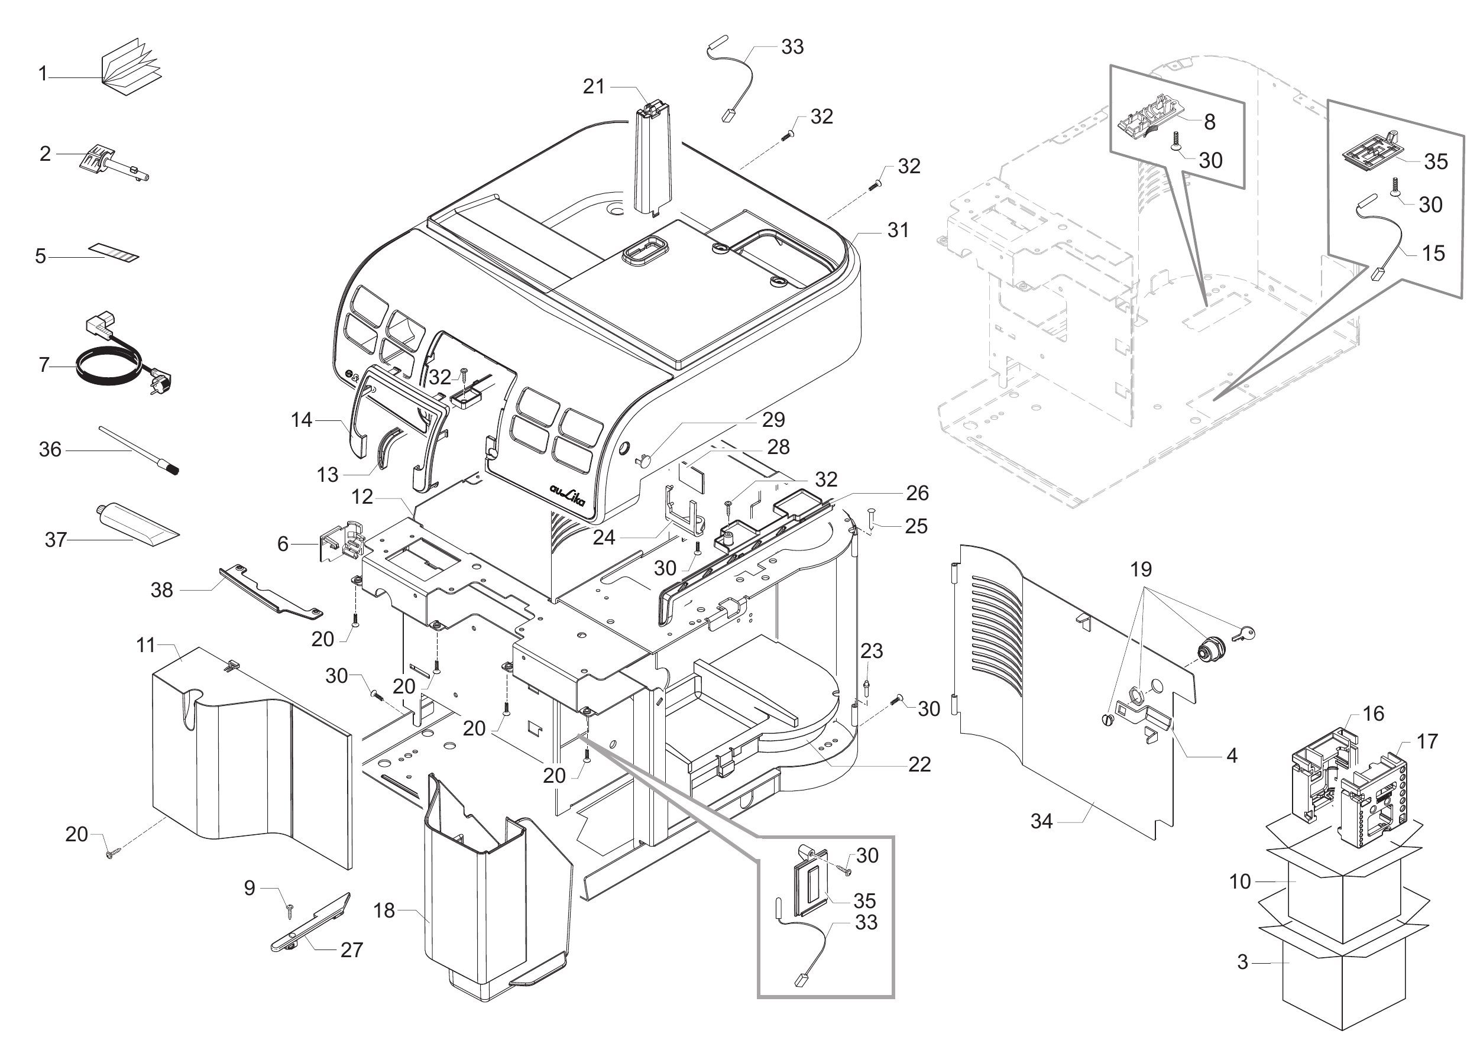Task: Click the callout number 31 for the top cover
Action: tap(898, 230)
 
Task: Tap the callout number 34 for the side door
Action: tap(1041, 821)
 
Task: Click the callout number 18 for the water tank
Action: tap(384, 910)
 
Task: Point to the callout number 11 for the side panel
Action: tap(145, 646)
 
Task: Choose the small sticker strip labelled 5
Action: tap(114, 252)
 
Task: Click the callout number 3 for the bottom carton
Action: tap(1242, 961)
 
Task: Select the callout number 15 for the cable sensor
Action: tap(1433, 254)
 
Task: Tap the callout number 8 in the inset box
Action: tap(1209, 122)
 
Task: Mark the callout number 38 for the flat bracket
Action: tap(161, 589)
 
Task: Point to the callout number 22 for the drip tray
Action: tap(919, 764)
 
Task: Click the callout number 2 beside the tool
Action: tap(45, 154)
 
